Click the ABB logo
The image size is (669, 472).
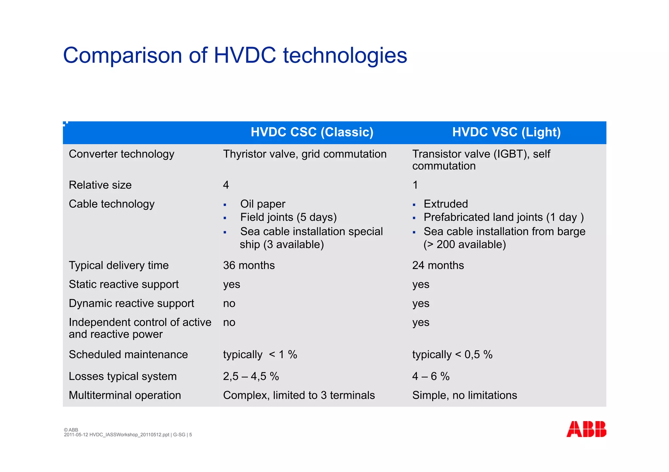coord(586,429)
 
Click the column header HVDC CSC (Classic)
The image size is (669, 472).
coord(312,132)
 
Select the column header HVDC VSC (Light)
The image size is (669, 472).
coord(506,132)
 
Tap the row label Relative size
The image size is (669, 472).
coord(100,185)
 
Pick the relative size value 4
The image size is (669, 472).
coord(226,185)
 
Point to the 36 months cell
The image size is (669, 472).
coord(249,265)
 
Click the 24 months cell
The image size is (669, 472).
coord(438,265)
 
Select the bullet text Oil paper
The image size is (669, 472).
coord(263,204)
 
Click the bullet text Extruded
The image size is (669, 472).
coord(446,204)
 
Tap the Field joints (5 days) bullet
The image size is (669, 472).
coord(288,217)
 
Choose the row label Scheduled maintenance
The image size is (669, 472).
coord(128,354)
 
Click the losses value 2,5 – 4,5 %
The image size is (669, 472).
coord(251,376)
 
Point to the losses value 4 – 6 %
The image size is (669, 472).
coord(431,376)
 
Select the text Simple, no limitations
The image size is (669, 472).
coord(465,395)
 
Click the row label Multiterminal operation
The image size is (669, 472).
coord(125,395)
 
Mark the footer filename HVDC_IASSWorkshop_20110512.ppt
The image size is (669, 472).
coord(129,435)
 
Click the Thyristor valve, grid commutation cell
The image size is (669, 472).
coord(305,154)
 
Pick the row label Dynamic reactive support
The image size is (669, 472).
coord(131,303)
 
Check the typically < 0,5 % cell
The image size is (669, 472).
coord(452,354)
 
